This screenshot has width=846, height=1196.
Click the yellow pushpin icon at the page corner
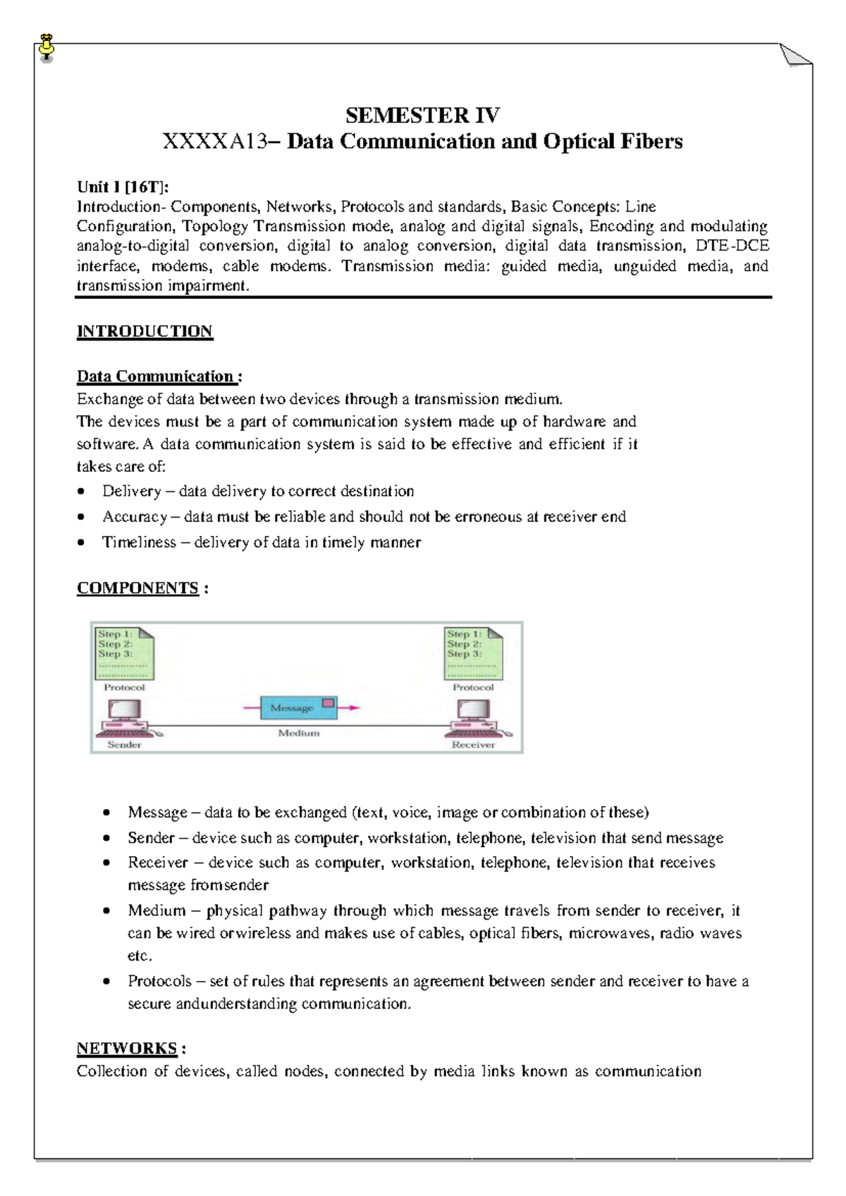point(47,47)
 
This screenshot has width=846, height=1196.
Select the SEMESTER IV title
point(422,115)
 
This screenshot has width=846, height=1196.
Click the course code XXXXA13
point(214,142)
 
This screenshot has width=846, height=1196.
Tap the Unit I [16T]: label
point(123,186)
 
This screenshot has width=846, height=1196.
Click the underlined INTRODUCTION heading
point(145,331)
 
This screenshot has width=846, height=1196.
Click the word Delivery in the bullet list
point(131,491)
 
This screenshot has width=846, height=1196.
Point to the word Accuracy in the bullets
point(135,517)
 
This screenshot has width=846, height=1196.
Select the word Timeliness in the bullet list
point(139,542)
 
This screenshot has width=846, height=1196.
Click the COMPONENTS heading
point(137,588)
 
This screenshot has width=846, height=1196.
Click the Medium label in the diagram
point(298,733)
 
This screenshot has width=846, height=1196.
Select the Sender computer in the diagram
point(125,718)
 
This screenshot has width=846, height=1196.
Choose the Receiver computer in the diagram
point(474,718)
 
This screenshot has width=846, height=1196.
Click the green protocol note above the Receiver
point(474,652)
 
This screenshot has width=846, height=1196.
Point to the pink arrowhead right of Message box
point(354,707)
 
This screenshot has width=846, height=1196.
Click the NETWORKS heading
point(127,1049)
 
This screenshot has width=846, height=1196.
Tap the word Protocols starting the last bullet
point(159,981)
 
